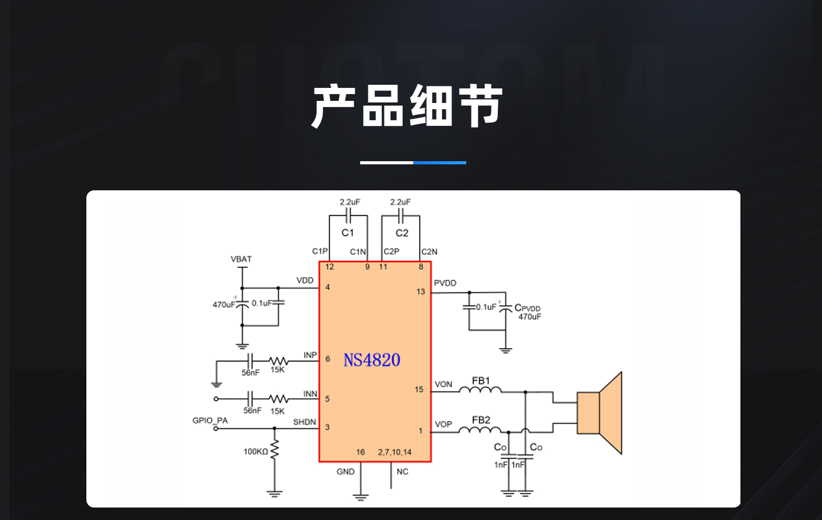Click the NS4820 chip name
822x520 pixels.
click(372, 360)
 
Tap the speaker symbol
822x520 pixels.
click(600, 413)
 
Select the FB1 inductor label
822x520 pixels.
click(481, 381)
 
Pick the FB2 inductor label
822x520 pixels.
click(481, 420)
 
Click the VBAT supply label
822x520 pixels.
click(241, 259)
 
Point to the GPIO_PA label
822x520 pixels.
click(210, 420)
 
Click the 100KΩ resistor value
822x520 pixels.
click(256, 451)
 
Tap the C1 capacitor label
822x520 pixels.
click(348, 233)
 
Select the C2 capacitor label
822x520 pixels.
click(402, 233)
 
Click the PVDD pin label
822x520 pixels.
click(445, 283)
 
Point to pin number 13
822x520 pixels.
click(420, 292)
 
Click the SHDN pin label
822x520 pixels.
click(304, 422)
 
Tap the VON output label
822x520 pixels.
click(443, 384)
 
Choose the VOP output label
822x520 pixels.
click(443, 424)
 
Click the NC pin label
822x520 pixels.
click(403, 472)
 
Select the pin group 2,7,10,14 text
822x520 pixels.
click(395, 452)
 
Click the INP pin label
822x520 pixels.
click(310, 355)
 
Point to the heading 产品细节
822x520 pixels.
click(407, 106)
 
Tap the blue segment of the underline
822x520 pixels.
click(440, 162)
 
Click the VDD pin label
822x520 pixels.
click(305, 280)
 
